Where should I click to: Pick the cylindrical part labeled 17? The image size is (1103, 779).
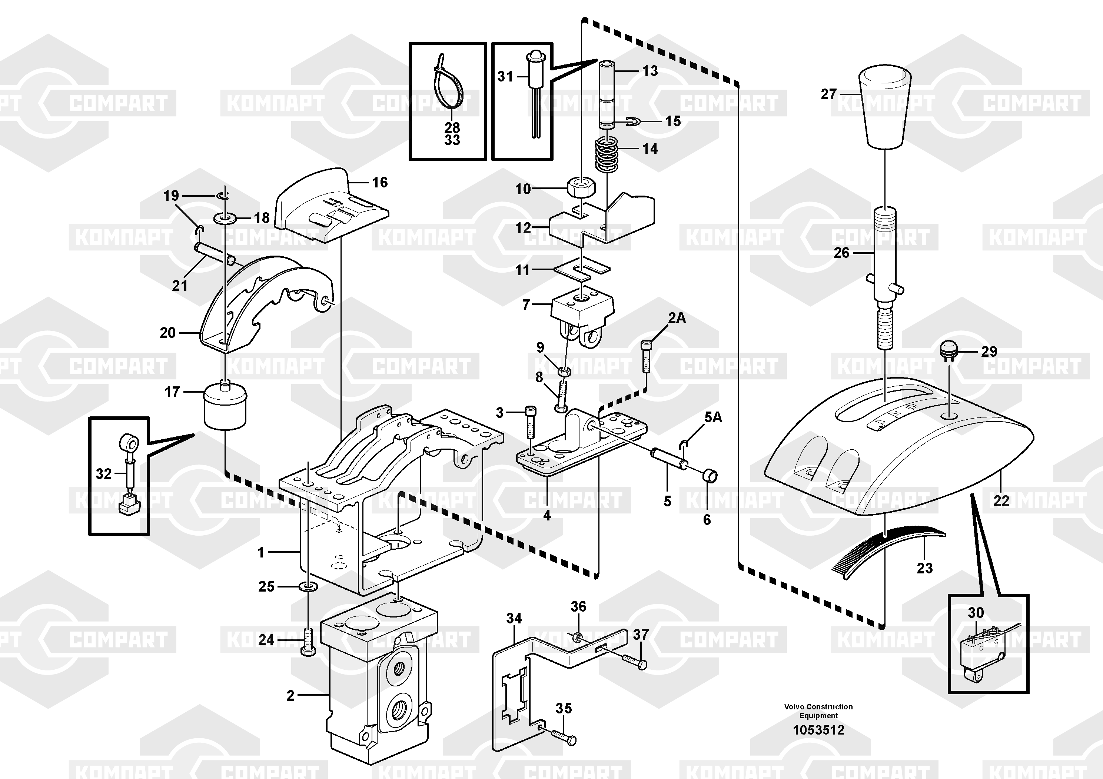point(225,405)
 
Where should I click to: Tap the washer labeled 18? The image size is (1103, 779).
point(225,219)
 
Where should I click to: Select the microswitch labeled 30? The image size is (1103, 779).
point(980,651)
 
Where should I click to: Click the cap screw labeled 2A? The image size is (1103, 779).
point(646,356)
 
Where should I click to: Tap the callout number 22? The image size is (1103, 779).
point(1001,501)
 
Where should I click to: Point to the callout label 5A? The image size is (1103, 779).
point(713,417)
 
